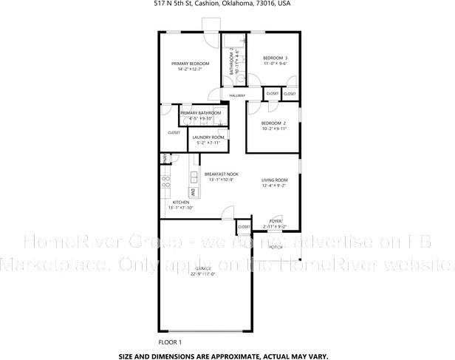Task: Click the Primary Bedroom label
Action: coord(190,64)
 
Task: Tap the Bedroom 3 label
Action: coord(275,58)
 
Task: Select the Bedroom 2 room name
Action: coord(273,123)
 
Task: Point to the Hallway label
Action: coord(236,95)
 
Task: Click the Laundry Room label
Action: coord(208,137)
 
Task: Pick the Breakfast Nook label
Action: coord(222,174)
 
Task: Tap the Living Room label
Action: coord(274,180)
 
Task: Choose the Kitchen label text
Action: coord(181,202)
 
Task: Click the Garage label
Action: coord(202,268)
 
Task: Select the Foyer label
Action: coord(275,221)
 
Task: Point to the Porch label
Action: coord(275,246)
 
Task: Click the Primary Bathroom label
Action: coord(199,112)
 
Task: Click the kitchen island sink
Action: coord(194,176)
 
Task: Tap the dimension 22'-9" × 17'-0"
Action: coord(202,274)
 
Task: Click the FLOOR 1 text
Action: coord(170,342)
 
